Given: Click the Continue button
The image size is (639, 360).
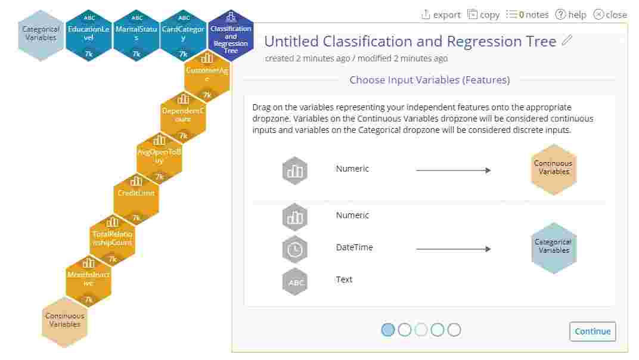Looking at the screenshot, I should pyautogui.click(x=593, y=331).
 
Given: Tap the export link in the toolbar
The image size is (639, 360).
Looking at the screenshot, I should pyautogui.click(x=441, y=14).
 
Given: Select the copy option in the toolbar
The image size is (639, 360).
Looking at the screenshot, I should pyautogui.click(x=483, y=14).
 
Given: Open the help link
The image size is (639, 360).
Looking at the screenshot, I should pyautogui.click(x=570, y=14).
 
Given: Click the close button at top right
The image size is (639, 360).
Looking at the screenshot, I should pyautogui.click(x=610, y=14).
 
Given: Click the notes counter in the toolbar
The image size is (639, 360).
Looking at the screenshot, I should pyautogui.click(x=527, y=14).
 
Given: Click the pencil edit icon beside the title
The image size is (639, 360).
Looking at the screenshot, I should pyautogui.click(x=567, y=41).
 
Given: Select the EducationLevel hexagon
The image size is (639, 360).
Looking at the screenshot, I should pyautogui.click(x=88, y=35).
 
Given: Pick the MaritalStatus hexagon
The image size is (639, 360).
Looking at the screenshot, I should pyautogui.click(x=136, y=35).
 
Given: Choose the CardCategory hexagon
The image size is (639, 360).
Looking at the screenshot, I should pyautogui.click(x=183, y=35).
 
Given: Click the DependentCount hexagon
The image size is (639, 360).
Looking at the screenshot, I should pyautogui.click(x=183, y=113).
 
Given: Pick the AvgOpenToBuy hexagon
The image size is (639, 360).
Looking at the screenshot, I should pyautogui.click(x=159, y=154).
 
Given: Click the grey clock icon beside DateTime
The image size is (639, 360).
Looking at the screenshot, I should pyautogui.click(x=294, y=250).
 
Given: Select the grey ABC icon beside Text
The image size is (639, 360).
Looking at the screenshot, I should pyautogui.click(x=294, y=282).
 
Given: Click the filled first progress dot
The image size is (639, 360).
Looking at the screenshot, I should pyautogui.click(x=387, y=330).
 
